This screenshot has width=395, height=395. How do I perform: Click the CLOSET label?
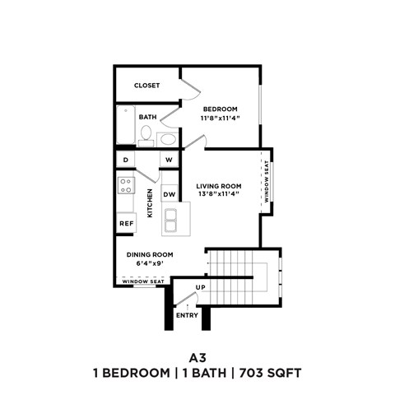point(146,86)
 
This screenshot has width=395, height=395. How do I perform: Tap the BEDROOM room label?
point(220,109)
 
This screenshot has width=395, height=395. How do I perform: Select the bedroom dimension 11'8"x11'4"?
point(220,118)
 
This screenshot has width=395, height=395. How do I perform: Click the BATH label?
point(147,117)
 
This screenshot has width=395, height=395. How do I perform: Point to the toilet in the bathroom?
point(146,133)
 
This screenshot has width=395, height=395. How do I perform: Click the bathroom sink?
point(168,138)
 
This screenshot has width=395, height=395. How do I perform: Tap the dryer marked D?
point(126,160)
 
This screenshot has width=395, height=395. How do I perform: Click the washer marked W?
point(169,160)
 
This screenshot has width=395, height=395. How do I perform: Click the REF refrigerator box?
point(126,223)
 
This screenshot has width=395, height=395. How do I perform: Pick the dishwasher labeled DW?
point(169,194)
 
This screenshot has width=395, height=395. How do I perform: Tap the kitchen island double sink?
point(172,220)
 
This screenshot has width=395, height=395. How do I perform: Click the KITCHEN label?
point(150,203)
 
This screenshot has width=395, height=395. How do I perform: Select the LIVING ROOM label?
point(218,185)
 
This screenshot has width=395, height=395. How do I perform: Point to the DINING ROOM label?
point(149,255)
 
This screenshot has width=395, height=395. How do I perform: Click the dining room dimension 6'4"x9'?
point(149,264)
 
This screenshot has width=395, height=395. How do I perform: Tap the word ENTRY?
point(187,315)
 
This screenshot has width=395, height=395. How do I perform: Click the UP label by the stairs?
point(200,288)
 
